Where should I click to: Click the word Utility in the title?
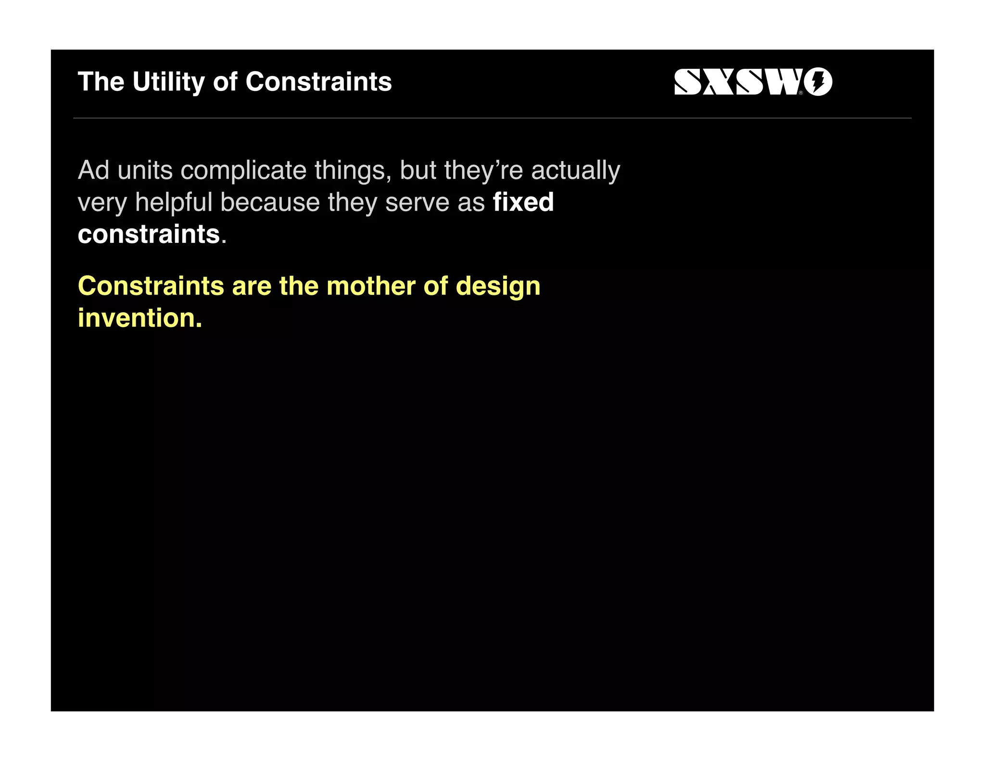[168, 82]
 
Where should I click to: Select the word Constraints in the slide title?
[318, 82]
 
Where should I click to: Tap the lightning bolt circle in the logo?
[818, 82]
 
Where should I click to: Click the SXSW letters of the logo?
[736, 82]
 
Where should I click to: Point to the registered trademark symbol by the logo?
[801, 93]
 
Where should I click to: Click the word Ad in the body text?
[93, 170]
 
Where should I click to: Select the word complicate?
[243, 170]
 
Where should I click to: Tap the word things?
[353, 170]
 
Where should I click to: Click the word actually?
[576, 170]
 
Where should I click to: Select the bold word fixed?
[523, 202]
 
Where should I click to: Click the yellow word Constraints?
[151, 286]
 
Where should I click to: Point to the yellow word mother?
[370, 286]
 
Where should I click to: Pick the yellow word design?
[498, 286]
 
